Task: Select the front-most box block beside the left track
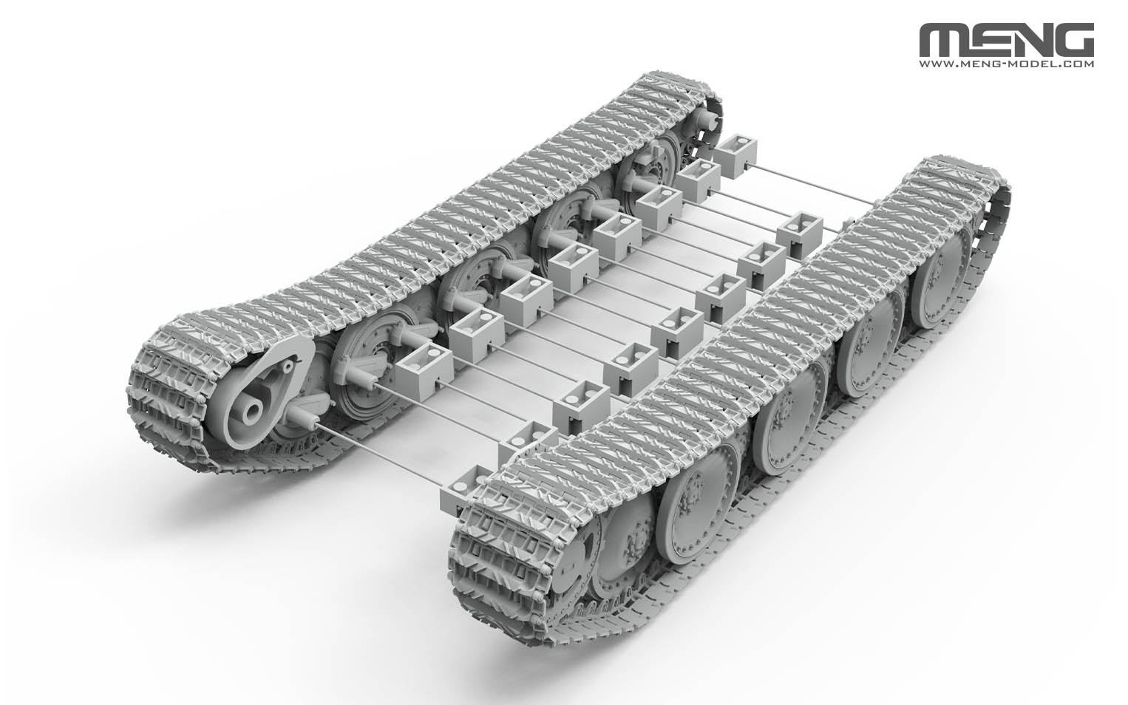pyautogui.click(x=424, y=362)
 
